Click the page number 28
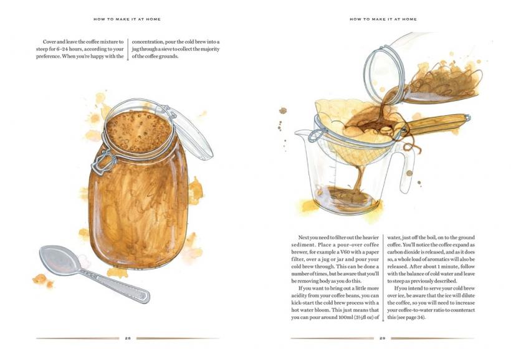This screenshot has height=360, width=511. tap(128, 338)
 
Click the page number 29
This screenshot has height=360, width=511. tap(382, 338)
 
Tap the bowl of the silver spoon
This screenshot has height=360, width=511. tap(59, 260)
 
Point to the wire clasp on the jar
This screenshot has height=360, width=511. tap(103, 161)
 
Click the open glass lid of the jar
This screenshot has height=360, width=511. tap(188, 131)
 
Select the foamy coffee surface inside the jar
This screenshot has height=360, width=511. tap(138, 132)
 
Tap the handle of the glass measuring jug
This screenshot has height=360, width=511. tap(408, 169)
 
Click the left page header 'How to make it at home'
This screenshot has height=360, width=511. tap(127, 19)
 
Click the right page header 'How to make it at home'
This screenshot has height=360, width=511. tap(383, 19)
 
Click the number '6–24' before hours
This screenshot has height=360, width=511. tap(61, 49)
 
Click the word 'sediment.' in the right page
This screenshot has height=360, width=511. tap(303, 245)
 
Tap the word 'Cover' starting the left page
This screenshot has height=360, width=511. tap(49, 42)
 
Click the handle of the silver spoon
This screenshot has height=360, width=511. tap(114, 284)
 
